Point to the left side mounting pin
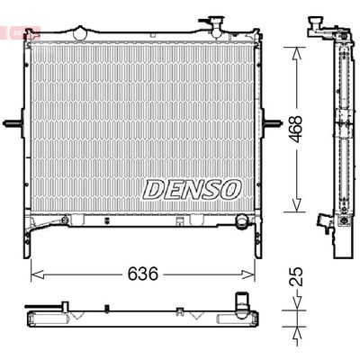[x=11, y=123]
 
